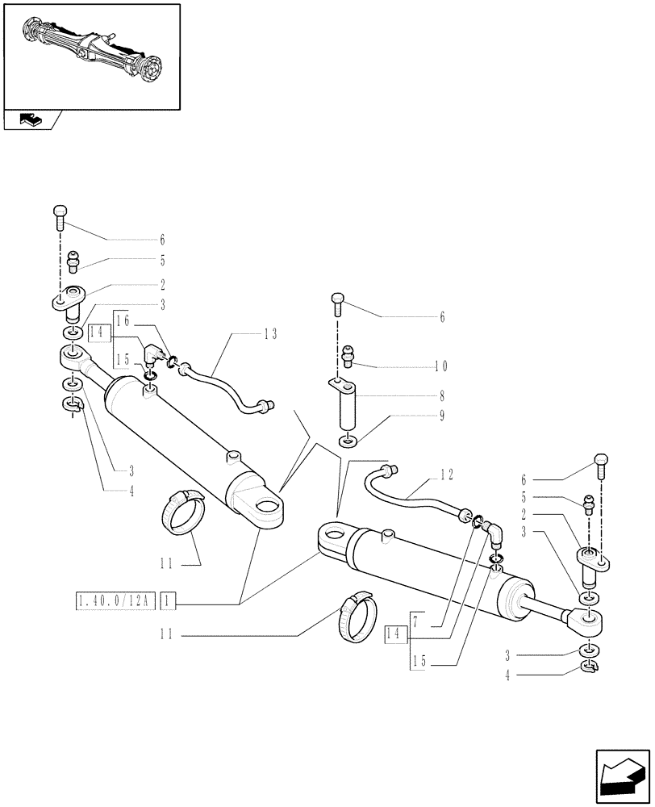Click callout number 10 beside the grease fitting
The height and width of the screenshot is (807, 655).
tap(440, 366)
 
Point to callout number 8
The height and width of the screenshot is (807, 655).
tap(441, 397)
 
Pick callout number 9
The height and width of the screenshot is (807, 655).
tap(441, 416)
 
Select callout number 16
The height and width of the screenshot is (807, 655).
tap(123, 320)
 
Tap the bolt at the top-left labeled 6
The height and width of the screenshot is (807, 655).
tap(60, 213)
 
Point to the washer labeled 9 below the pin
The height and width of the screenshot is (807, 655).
tap(347, 441)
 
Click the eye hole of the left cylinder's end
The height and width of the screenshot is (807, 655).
tap(262, 507)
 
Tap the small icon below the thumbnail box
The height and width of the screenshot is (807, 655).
tap(31, 120)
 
